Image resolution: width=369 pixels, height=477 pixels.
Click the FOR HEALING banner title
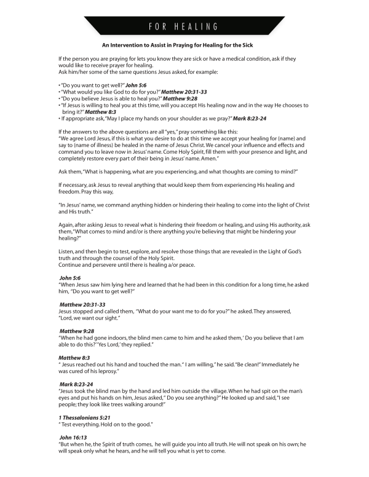pos(184,26)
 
